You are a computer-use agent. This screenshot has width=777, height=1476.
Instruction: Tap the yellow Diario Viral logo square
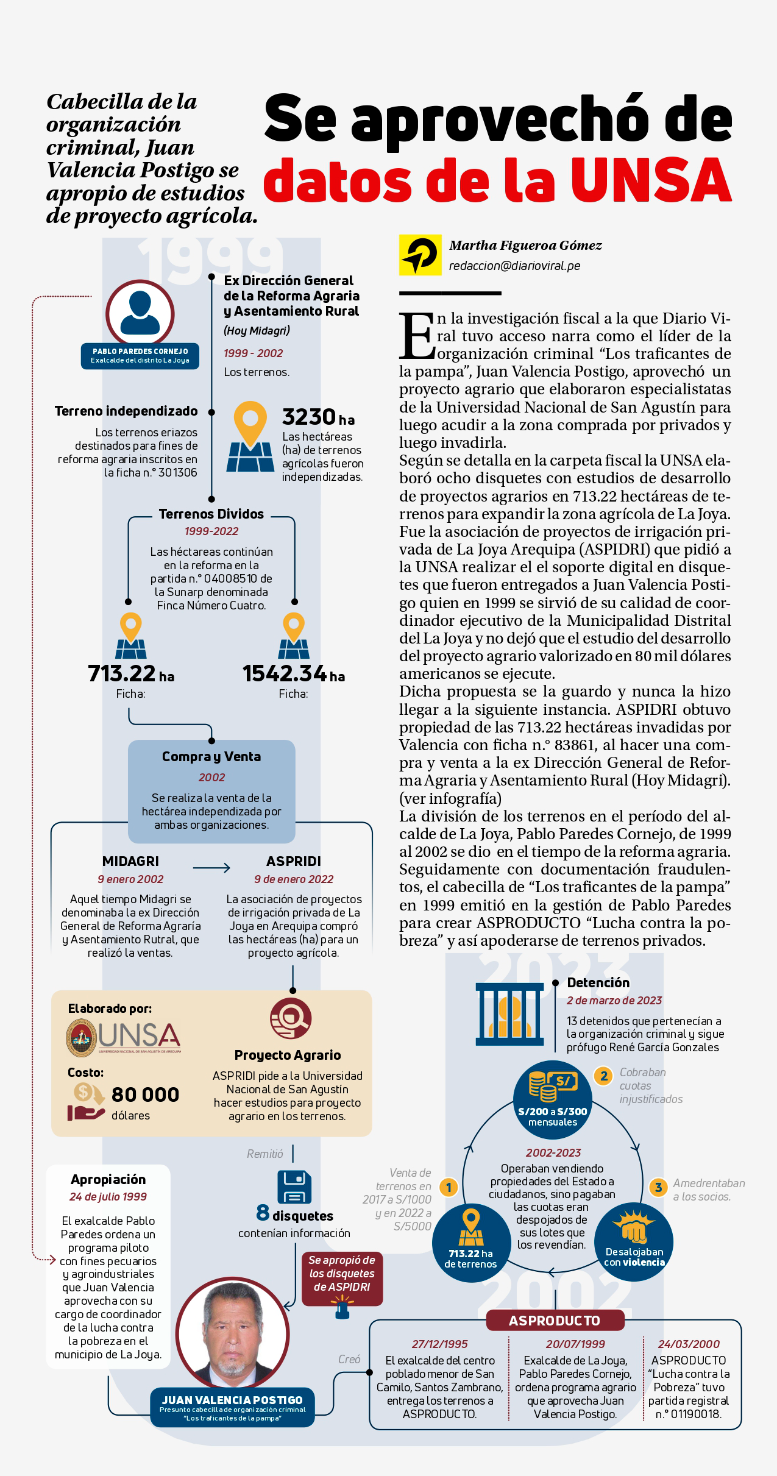(420, 255)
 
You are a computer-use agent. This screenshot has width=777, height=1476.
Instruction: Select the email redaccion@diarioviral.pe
(514, 266)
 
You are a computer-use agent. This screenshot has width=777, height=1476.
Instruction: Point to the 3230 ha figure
(318, 417)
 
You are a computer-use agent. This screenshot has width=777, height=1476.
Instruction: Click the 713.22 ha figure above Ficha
(130, 673)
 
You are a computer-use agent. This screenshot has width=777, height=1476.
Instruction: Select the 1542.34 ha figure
(293, 673)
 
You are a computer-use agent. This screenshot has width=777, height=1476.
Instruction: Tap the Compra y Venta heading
(211, 756)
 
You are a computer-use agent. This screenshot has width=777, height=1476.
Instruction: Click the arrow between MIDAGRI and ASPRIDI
(211, 868)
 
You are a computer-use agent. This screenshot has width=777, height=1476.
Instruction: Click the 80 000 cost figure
(145, 1094)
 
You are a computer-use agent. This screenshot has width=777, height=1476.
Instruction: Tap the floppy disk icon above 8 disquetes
(294, 1187)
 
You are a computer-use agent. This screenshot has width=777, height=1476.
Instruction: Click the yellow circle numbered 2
(603, 1076)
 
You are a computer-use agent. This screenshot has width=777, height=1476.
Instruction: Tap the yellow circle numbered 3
(658, 1187)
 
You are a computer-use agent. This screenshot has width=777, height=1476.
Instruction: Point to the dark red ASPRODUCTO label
(555, 1320)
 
